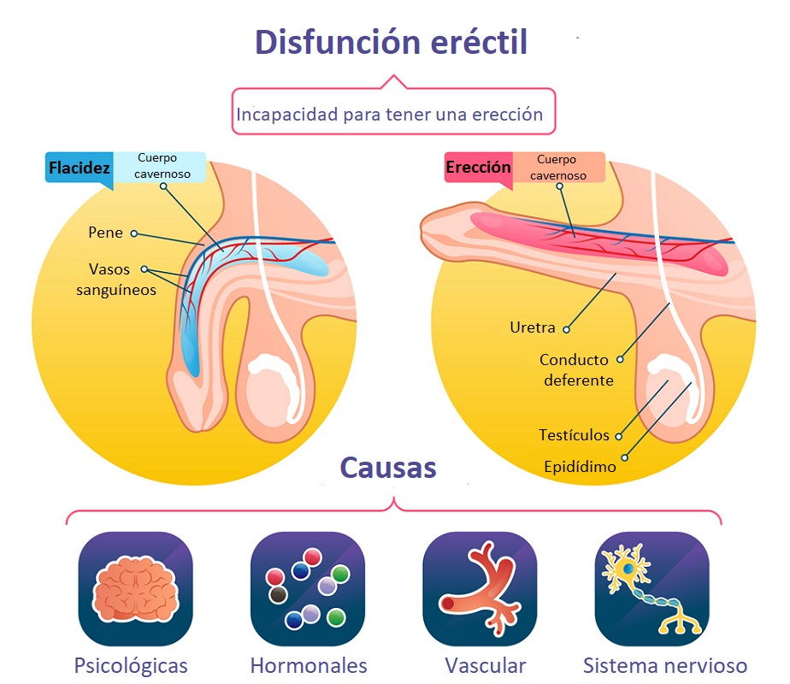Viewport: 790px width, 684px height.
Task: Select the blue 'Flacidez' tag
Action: [x=80, y=168]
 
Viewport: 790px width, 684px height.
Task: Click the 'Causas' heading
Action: [x=388, y=468]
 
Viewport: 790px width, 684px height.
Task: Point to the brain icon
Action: [x=135, y=589]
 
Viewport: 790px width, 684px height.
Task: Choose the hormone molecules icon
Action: [x=307, y=589]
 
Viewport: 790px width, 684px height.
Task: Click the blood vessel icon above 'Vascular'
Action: [x=480, y=589]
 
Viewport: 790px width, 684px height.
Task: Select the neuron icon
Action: [x=651, y=589]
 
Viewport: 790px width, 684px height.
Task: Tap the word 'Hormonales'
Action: [x=309, y=665]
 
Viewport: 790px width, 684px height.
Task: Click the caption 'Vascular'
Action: [x=485, y=665]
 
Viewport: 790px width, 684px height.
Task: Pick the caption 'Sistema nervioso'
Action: [x=665, y=665]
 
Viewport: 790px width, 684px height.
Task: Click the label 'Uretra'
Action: [x=532, y=327]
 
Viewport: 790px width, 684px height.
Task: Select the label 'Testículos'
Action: [x=574, y=435]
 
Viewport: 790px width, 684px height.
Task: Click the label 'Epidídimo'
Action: [x=580, y=467]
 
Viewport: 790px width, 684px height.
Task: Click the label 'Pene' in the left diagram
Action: [x=105, y=233]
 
